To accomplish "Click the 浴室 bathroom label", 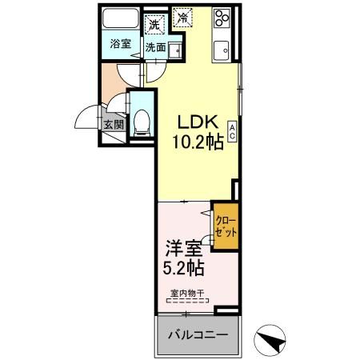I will coord(122,45).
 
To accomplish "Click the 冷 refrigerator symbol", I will coord(183,15).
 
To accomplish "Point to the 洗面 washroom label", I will coord(155,47).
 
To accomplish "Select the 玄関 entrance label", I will coord(113,124).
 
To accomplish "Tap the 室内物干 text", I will coord(187,293).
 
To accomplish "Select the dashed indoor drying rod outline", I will coord(187,302).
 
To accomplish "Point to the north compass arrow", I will coord(273,341).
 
